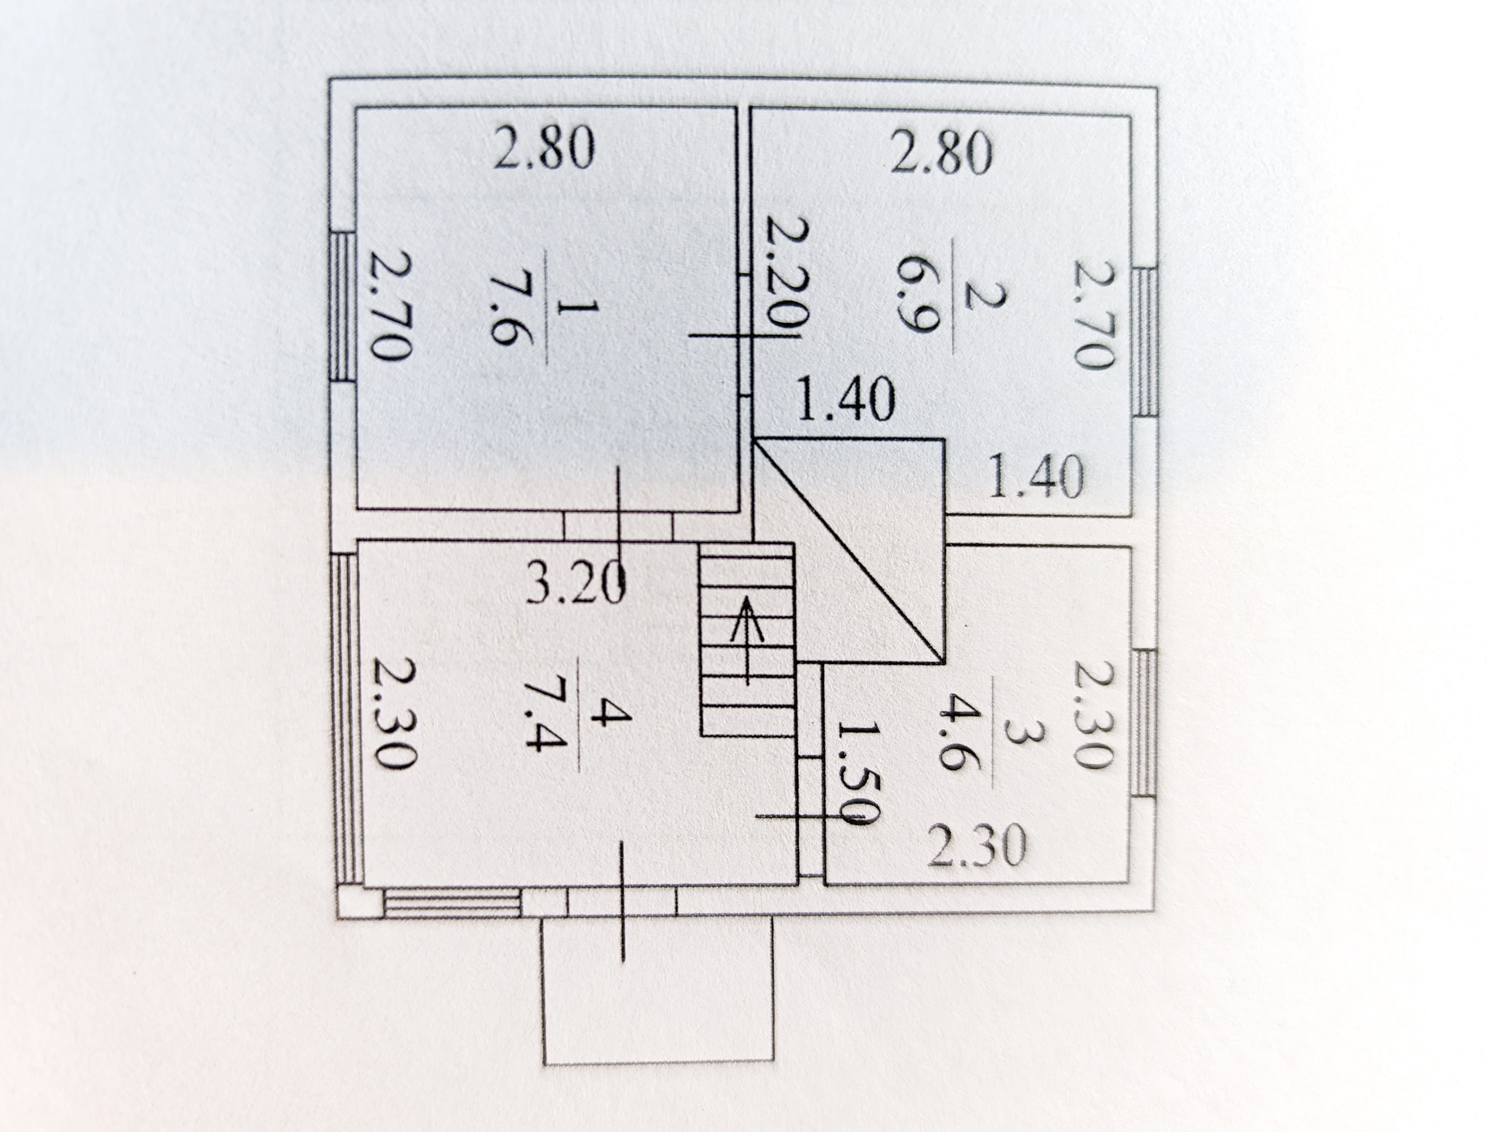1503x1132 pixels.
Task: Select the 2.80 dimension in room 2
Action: [x=942, y=155]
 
